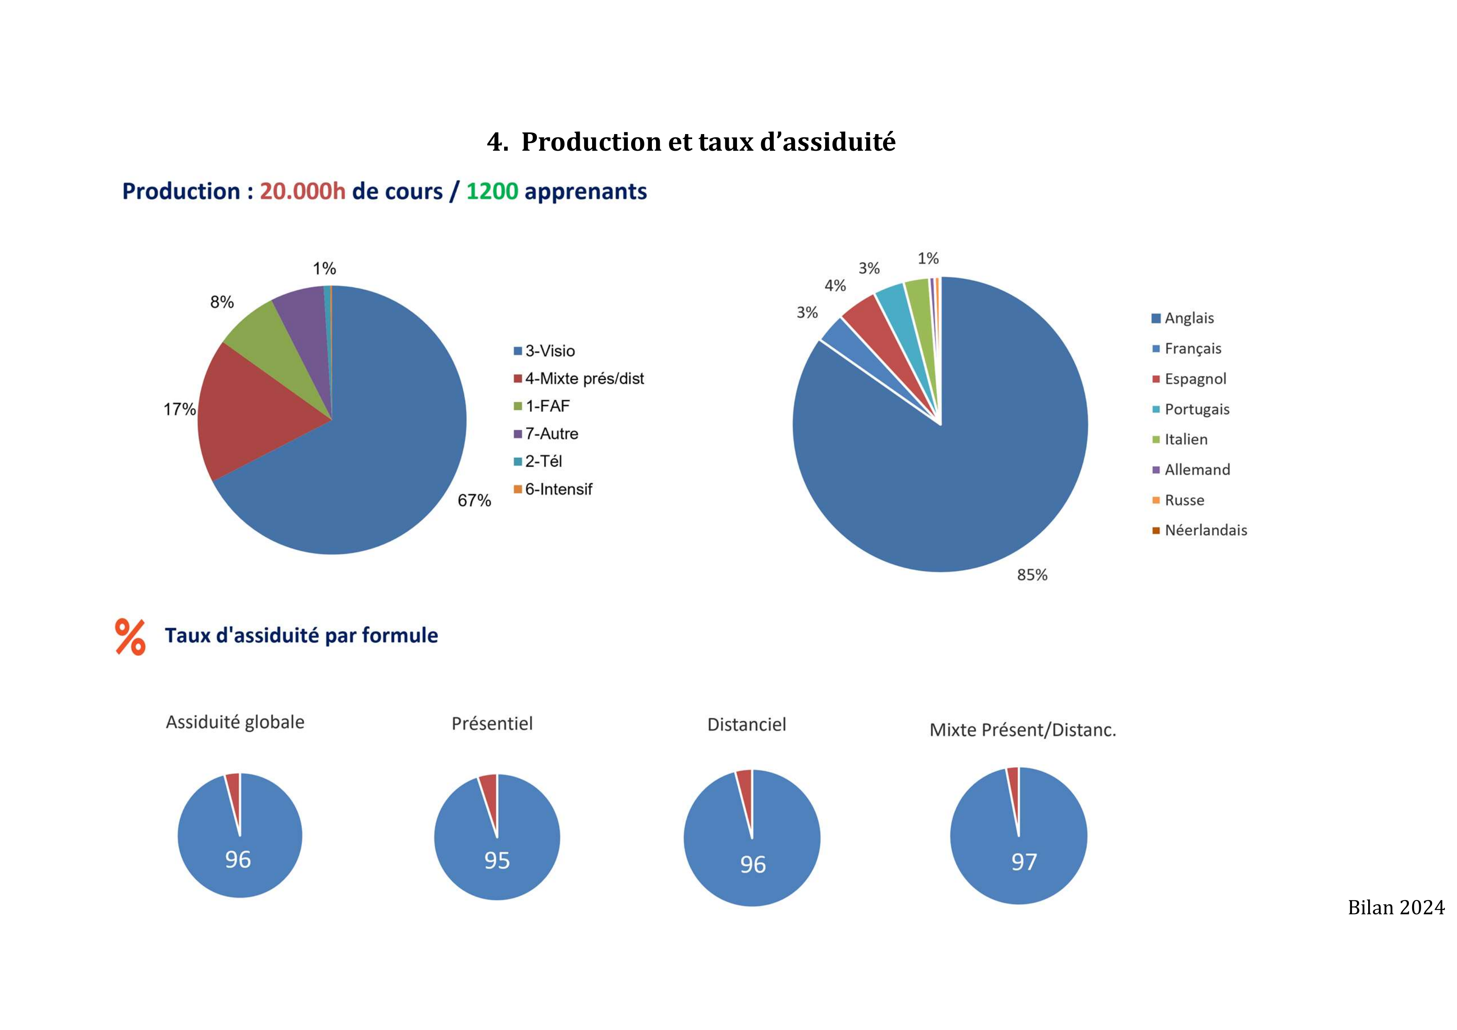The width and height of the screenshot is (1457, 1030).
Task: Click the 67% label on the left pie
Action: [474, 501]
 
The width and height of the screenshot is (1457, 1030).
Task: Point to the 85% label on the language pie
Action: [1032, 575]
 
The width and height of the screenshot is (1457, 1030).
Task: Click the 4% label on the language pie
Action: [835, 286]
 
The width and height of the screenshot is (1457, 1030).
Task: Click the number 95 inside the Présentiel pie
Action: [497, 861]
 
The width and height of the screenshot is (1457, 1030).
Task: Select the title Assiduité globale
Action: [235, 722]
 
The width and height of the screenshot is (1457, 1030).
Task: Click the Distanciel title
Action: [746, 725]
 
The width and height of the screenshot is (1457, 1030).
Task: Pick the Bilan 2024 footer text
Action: [1396, 908]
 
